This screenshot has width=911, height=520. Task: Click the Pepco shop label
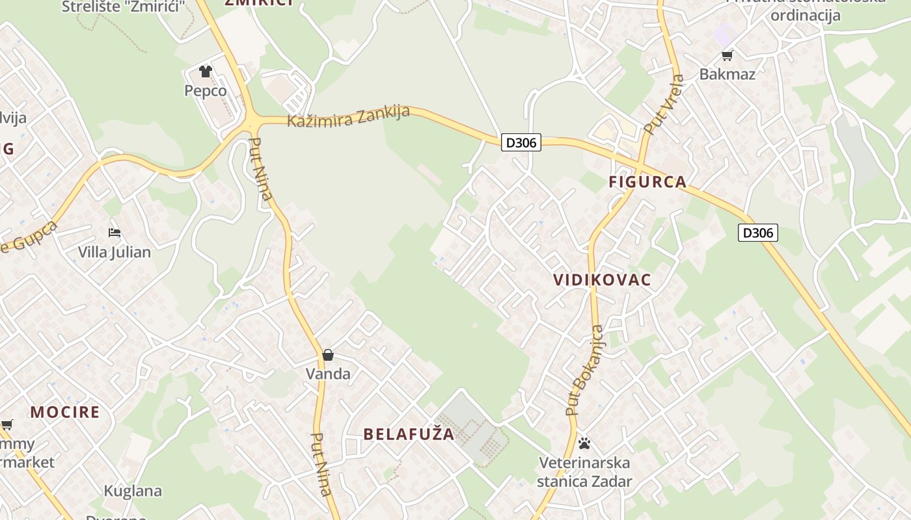coord(206,90)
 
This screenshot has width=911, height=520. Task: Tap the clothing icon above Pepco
coord(206,71)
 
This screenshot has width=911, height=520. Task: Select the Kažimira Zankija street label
coord(349,116)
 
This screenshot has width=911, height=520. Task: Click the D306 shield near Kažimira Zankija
coord(521,142)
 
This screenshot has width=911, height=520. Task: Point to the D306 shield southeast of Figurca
coord(758,233)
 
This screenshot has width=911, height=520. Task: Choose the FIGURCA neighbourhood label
coord(647,181)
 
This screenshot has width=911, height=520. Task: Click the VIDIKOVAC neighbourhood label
coord(602,279)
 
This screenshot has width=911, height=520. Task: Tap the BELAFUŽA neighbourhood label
coord(409,434)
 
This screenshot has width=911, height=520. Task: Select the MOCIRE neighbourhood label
coord(65,411)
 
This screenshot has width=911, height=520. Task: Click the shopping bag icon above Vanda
coord(328,355)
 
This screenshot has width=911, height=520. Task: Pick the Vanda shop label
coord(328,374)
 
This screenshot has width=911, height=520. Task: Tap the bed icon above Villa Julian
coord(115,233)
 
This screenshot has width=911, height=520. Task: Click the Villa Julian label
coord(115,252)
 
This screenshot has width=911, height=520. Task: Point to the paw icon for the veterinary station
coord(584,443)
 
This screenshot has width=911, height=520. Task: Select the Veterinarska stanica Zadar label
coord(584,472)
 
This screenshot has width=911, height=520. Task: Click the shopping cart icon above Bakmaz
coord(727,55)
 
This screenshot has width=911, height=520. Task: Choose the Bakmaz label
coord(727,74)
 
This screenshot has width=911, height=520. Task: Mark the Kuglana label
coord(133,491)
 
